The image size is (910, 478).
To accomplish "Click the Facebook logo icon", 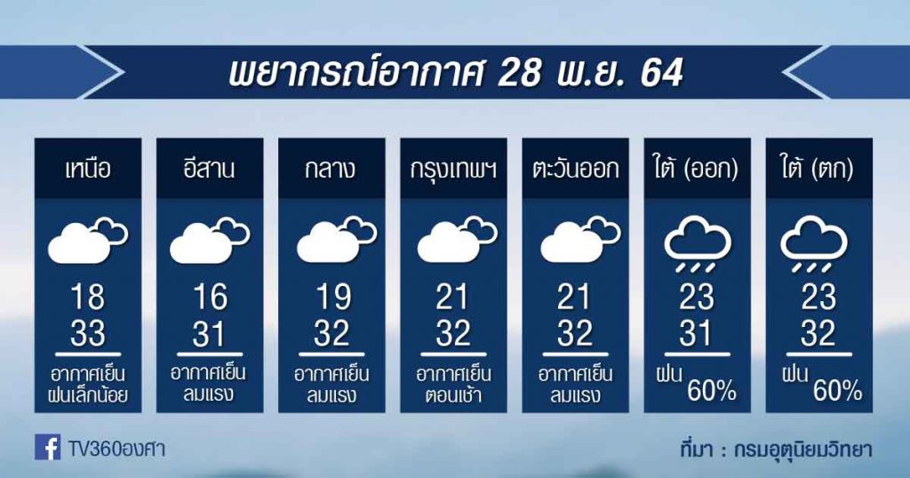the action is [48, 447].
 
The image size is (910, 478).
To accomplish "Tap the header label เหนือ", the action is [88, 170].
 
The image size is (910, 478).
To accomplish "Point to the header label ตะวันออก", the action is [575, 170].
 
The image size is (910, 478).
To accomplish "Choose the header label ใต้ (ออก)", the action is [697, 170].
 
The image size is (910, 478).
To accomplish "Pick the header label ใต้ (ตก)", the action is [818, 170].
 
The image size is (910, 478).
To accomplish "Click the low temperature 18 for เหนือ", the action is [88, 298].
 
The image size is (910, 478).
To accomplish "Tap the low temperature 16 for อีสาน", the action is [210, 298].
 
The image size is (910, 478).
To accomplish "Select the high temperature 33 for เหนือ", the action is [88, 333].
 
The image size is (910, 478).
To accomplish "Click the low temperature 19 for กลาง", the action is [332, 298].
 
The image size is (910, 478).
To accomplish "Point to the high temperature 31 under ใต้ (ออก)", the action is [696, 333].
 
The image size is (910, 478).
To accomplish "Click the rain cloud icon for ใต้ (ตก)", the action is [814, 243].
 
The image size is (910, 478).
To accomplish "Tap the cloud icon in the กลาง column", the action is [337, 240].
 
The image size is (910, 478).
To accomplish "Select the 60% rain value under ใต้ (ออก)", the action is [712, 392].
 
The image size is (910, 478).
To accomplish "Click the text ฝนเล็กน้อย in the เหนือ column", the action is [88, 395].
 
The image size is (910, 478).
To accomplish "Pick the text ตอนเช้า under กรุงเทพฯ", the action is [453, 395].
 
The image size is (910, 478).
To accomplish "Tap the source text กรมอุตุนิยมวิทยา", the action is [802, 450].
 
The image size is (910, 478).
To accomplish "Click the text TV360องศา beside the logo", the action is [116, 449].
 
